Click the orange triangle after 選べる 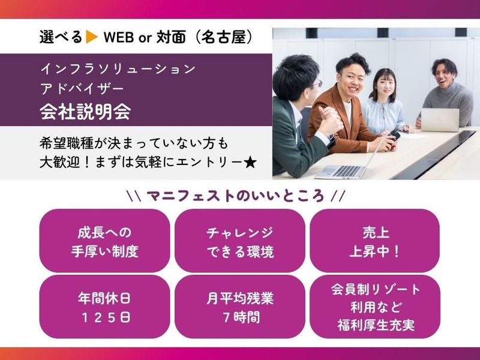92,37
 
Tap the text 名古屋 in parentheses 226,37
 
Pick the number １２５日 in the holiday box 104,317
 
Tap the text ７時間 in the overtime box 239,317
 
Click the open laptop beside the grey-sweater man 439,120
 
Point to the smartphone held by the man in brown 394,136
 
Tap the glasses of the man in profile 317,84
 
